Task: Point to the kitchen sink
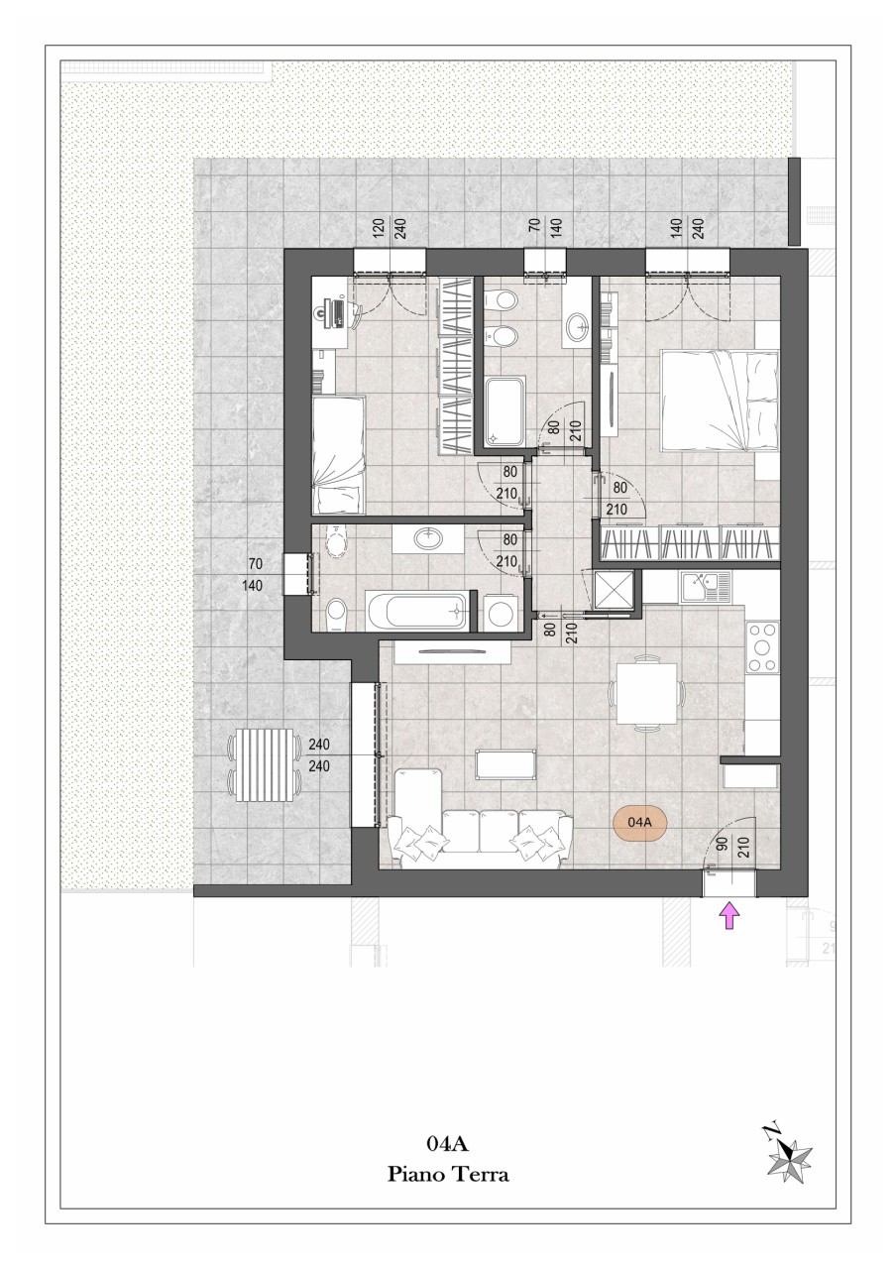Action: pyautogui.click(x=707, y=587)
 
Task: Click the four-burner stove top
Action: pyautogui.click(x=763, y=646)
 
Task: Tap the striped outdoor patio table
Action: pyautogui.click(x=264, y=765)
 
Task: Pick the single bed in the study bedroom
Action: pyautogui.click(x=338, y=454)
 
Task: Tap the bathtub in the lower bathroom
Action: pyautogui.click(x=418, y=610)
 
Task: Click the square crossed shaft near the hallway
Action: pyautogui.click(x=614, y=590)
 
